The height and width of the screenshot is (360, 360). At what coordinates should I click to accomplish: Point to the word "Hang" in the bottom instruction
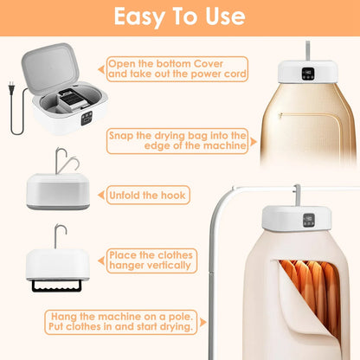(66, 318)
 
